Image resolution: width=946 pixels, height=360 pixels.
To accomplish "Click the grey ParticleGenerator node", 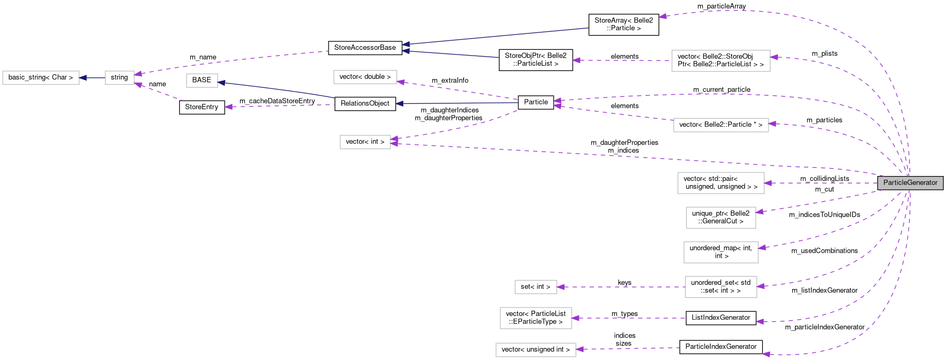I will [x=910, y=183].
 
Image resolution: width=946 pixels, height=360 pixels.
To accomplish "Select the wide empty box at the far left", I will [x=41, y=78].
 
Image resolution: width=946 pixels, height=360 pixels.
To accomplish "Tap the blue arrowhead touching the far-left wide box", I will [x=83, y=78].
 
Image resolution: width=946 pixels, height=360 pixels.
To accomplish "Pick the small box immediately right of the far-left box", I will [x=119, y=78].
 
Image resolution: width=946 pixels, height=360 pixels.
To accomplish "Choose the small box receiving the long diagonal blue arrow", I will [x=202, y=81].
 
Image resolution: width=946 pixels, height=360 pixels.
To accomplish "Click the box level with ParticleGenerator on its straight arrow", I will [x=721, y=183].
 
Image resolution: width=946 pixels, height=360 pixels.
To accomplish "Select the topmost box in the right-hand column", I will [x=721, y=61].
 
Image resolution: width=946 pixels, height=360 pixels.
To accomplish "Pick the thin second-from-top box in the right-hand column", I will [x=721, y=125].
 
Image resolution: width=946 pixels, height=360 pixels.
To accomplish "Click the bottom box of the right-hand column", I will [x=721, y=287].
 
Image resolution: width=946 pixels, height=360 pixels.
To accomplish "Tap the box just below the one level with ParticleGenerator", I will [x=721, y=218].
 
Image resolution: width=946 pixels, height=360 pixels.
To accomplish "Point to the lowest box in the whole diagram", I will [x=536, y=350].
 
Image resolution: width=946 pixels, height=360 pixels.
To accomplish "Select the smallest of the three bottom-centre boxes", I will [x=536, y=287].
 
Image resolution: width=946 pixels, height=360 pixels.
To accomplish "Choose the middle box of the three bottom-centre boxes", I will [x=536, y=318].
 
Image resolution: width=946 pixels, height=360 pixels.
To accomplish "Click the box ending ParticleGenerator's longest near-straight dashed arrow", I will [x=365, y=142].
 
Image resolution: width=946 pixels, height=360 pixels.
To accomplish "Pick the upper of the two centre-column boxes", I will [x=365, y=77].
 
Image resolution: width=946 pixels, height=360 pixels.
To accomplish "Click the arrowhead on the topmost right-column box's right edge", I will [x=774, y=57].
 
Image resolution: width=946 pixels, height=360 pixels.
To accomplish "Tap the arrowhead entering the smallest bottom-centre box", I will [x=561, y=287].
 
